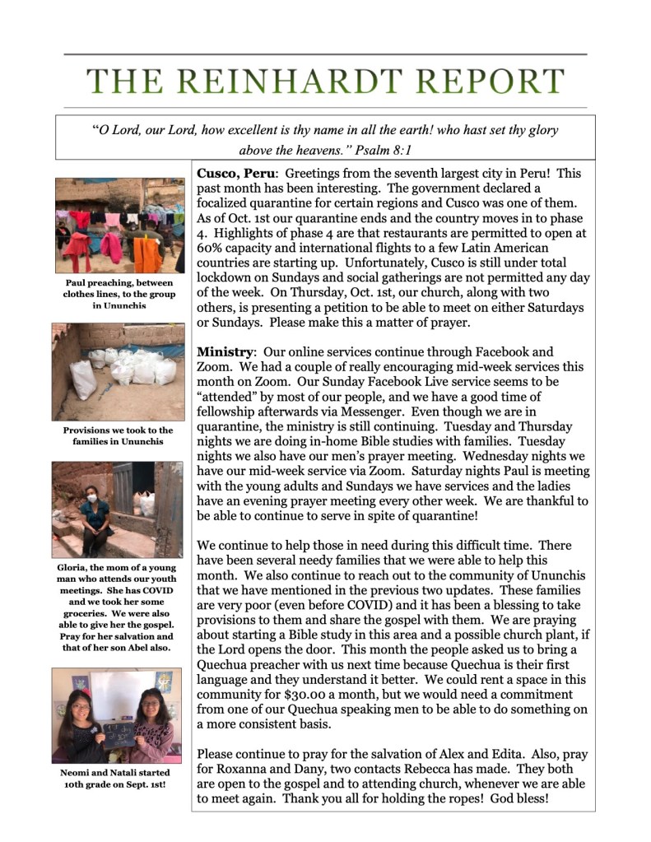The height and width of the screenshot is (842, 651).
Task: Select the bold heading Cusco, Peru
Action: pos(236,174)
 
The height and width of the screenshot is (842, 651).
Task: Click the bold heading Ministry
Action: pos(225,352)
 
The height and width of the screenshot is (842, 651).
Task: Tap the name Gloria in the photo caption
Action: pos(75,567)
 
